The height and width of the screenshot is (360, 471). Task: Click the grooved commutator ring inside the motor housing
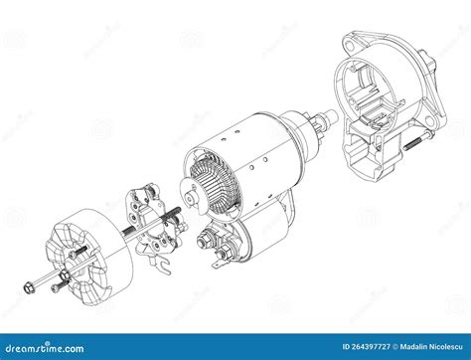coord(210,180)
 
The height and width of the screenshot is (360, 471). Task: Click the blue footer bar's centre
coord(235,346)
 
